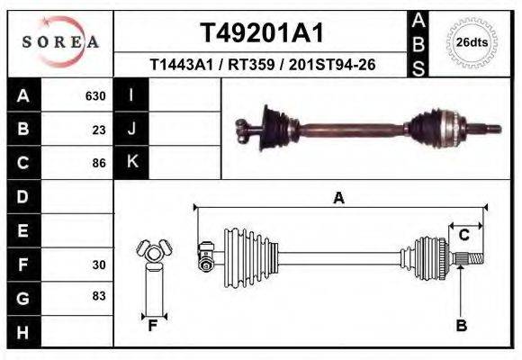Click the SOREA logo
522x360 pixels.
tap(59, 42)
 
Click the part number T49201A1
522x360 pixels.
tap(260, 33)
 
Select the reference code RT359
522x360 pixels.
tap(260, 65)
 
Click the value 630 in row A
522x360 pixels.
tap(95, 95)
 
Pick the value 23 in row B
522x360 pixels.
tap(99, 129)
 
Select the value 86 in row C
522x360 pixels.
tap(99, 163)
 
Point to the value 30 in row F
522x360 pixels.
tap(99, 265)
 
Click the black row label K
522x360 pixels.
tap(131, 163)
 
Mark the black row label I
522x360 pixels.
tap(131, 95)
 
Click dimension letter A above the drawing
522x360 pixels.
tap(338, 199)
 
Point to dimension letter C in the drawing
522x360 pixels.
tap(464, 236)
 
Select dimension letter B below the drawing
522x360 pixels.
tap(461, 326)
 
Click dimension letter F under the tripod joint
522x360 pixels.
tap(153, 326)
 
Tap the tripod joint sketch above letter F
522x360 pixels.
tap(153, 254)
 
